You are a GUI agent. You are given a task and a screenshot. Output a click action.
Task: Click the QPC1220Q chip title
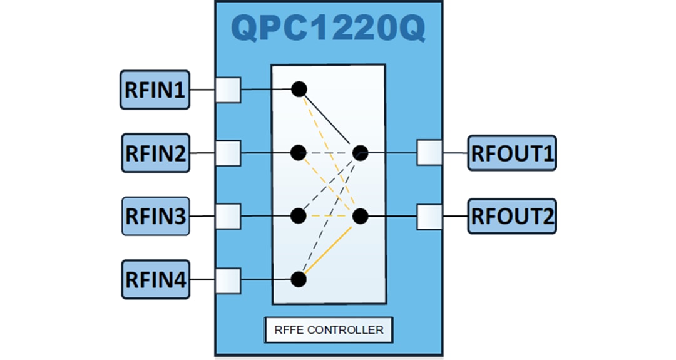pos(329,28)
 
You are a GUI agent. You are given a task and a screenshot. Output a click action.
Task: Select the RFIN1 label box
pos(155,90)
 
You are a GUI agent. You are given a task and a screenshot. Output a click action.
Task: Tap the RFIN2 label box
pos(155,153)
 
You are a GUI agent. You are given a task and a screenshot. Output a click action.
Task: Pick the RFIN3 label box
pos(155,216)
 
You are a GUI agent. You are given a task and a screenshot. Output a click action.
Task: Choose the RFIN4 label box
pos(155,279)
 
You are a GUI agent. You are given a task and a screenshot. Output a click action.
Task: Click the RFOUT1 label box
pos(512,153)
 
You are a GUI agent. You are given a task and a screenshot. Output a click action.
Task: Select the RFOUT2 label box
pos(512,216)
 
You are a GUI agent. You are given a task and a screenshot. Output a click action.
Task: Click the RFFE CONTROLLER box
pos(329,329)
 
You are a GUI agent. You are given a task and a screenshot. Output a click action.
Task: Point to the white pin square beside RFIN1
pos(228,90)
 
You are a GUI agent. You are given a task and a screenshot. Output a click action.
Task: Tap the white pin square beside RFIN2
pos(228,153)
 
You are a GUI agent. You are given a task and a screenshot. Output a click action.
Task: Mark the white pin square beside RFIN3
pos(228,216)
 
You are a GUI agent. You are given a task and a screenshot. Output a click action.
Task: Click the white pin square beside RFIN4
pos(228,280)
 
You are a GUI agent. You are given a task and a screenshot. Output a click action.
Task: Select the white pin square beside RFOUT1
pos(429,153)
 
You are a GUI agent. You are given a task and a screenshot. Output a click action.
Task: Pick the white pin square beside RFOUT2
pos(429,217)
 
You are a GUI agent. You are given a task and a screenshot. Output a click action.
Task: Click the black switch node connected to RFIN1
pos(299,89)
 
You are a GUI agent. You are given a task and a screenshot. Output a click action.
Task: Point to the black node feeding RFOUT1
pos(360,152)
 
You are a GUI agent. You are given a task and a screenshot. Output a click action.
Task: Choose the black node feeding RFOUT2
pos(360,217)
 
